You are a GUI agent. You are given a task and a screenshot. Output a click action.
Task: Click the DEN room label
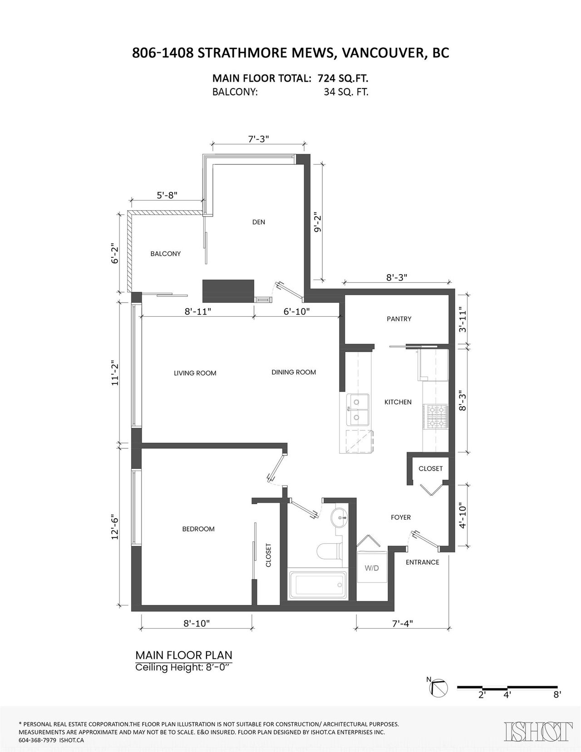click(258, 222)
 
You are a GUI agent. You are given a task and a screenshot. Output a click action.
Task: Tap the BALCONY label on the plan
click(165, 254)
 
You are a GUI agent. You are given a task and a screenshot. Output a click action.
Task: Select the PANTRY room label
click(399, 319)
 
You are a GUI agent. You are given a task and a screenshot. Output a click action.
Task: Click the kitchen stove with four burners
click(436, 418)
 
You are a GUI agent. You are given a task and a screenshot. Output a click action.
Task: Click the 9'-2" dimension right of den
click(317, 223)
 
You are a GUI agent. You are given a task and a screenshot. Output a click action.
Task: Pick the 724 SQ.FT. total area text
click(343, 78)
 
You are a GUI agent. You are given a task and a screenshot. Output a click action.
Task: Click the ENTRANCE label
click(422, 562)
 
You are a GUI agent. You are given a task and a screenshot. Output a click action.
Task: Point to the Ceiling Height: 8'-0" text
click(182, 668)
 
